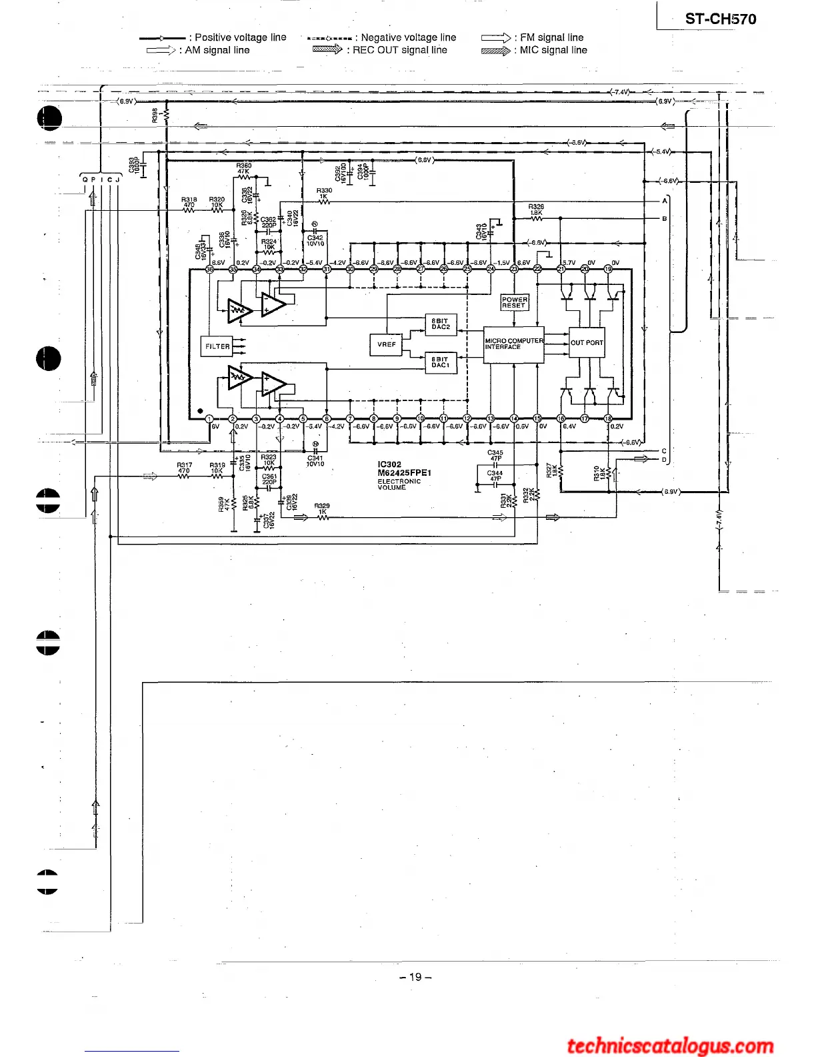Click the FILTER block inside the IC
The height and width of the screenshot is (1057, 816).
point(217,346)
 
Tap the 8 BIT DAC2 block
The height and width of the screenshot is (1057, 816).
point(441,324)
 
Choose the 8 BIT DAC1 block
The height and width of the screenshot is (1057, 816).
point(441,362)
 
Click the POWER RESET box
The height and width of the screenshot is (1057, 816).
point(514,302)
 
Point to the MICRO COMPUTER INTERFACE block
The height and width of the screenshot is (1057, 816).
point(513,344)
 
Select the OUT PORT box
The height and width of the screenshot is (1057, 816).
point(587,342)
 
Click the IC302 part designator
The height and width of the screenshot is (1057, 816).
point(389,464)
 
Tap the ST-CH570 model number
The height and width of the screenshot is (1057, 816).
point(721,19)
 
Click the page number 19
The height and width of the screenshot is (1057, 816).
point(415,977)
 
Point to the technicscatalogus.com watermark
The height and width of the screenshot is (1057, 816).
point(670,1046)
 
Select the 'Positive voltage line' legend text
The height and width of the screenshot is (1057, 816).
point(241,37)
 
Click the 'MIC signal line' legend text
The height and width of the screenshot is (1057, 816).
point(553,50)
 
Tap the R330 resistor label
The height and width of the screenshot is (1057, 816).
point(324,191)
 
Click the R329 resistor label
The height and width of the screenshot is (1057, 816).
point(322,506)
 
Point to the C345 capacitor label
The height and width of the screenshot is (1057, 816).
point(495,452)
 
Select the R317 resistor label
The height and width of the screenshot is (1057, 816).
point(185,465)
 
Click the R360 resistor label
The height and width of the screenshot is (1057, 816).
point(244,165)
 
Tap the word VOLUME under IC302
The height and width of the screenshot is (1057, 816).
point(391,487)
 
